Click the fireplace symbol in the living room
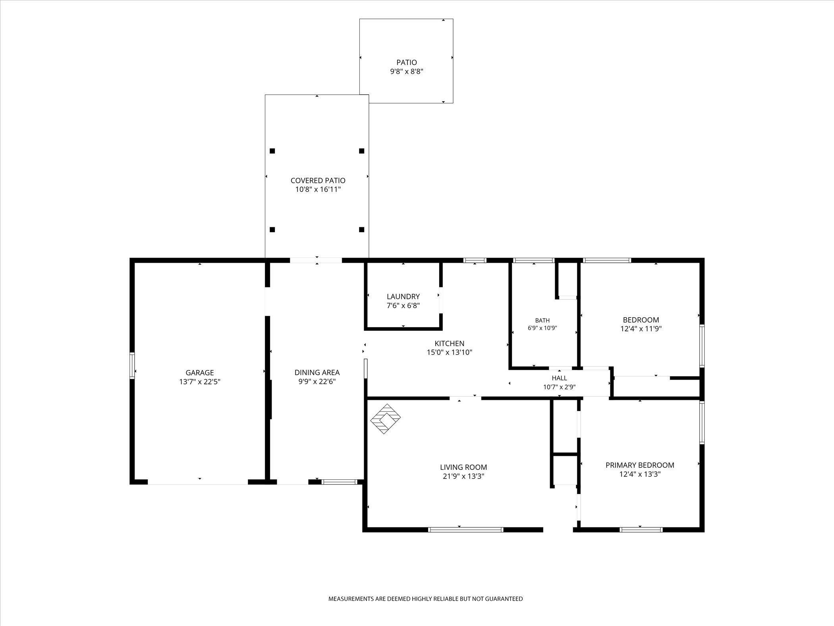pos(385,419)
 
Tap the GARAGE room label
pos(200,373)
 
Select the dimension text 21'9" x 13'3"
pos(463,476)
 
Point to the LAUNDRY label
pos(403,297)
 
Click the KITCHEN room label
pos(449,343)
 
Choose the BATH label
pos(542,320)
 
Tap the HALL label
pos(559,378)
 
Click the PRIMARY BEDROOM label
pos(640,465)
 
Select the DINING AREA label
pos(317,372)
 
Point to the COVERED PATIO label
pos(318,180)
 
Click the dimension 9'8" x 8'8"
pos(407,72)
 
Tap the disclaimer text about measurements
pos(425,610)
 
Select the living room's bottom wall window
pos(466,529)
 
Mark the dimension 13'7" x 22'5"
pos(200,382)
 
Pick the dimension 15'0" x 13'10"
pos(449,352)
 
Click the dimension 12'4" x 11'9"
pos(641,329)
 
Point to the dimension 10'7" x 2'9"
pos(559,387)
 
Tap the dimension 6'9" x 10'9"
pos(542,328)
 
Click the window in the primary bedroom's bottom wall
pos(641,529)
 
